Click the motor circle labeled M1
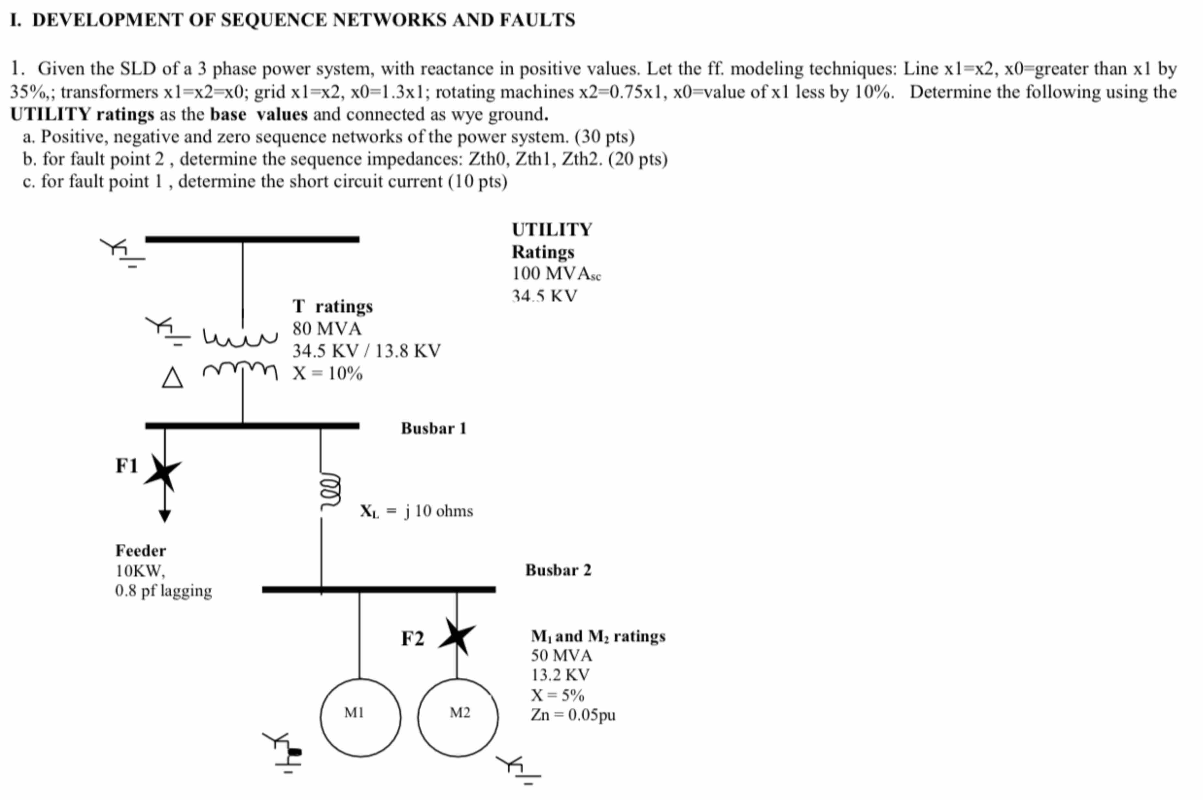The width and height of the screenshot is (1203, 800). pos(360,717)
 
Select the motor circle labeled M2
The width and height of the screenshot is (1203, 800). pos(458,717)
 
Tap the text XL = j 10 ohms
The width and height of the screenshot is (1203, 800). pos(416,511)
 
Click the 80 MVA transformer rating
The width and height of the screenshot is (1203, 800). pos(327,328)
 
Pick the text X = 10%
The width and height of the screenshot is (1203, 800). pos(327,373)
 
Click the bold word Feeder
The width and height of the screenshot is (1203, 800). pos(140,550)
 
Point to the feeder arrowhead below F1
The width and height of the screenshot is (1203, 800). pos(165,516)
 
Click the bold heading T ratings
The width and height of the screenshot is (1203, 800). pos(332,306)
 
